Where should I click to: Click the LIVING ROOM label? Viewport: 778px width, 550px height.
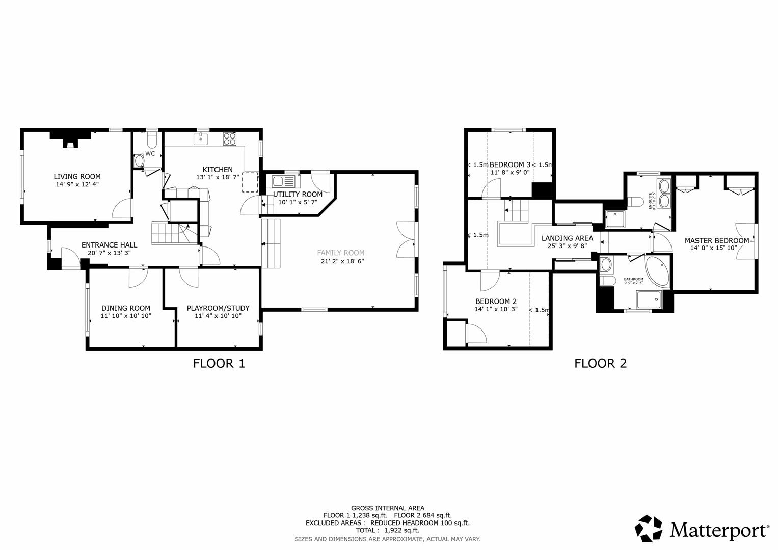pos(77,177)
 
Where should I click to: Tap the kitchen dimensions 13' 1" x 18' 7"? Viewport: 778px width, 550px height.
pos(218,177)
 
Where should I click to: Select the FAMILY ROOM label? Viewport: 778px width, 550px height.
pos(340,253)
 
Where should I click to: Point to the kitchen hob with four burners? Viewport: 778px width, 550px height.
pos(229,139)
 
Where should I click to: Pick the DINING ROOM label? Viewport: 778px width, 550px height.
pos(126,308)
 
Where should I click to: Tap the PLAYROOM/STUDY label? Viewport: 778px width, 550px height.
pos(218,308)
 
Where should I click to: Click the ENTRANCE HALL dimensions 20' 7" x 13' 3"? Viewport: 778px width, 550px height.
pos(109,253)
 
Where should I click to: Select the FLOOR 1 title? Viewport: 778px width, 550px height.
pos(219,363)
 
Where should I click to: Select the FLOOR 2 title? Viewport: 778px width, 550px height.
pos(600,363)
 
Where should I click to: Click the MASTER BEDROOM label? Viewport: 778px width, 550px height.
pos(716,241)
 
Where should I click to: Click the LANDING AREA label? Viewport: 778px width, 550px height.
pos(567,238)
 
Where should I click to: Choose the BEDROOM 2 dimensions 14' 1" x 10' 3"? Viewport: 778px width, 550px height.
pos(496,309)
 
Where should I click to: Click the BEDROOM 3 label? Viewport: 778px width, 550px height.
pos(510,164)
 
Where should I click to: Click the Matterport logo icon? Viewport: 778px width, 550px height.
pos(649,529)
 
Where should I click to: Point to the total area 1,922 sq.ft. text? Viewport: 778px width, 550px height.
pos(387,530)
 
